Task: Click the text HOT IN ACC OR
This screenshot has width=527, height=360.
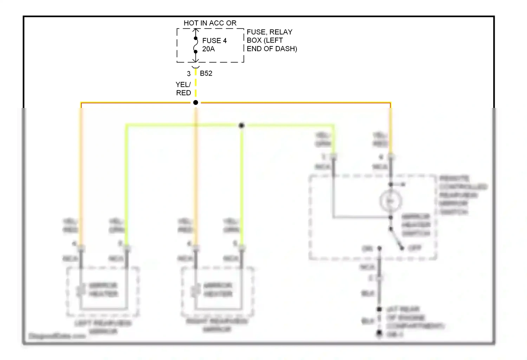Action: click(x=210, y=23)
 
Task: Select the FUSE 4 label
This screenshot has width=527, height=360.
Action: click(x=214, y=41)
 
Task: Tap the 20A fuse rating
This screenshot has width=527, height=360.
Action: click(x=208, y=49)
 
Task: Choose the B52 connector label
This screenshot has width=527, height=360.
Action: click(x=206, y=73)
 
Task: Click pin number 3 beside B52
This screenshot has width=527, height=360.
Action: click(x=189, y=74)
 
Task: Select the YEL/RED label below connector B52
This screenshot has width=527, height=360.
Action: click(x=183, y=89)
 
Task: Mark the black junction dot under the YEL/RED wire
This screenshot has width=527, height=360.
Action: click(x=196, y=103)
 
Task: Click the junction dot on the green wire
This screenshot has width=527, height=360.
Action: click(x=241, y=126)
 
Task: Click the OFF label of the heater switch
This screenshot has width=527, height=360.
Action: click(x=415, y=248)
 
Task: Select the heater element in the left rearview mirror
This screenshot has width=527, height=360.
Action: click(x=81, y=290)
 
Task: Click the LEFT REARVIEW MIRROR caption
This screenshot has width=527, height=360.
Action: click(x=103, y=327)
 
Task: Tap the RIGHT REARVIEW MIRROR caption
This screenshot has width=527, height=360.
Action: click(x=217, y=325)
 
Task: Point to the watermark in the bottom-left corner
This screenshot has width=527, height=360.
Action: click(x=57, y=336)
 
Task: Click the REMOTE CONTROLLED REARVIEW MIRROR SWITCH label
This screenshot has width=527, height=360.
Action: click(x=462, y=195)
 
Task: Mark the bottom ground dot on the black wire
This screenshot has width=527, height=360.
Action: click(x=379, y=333)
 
